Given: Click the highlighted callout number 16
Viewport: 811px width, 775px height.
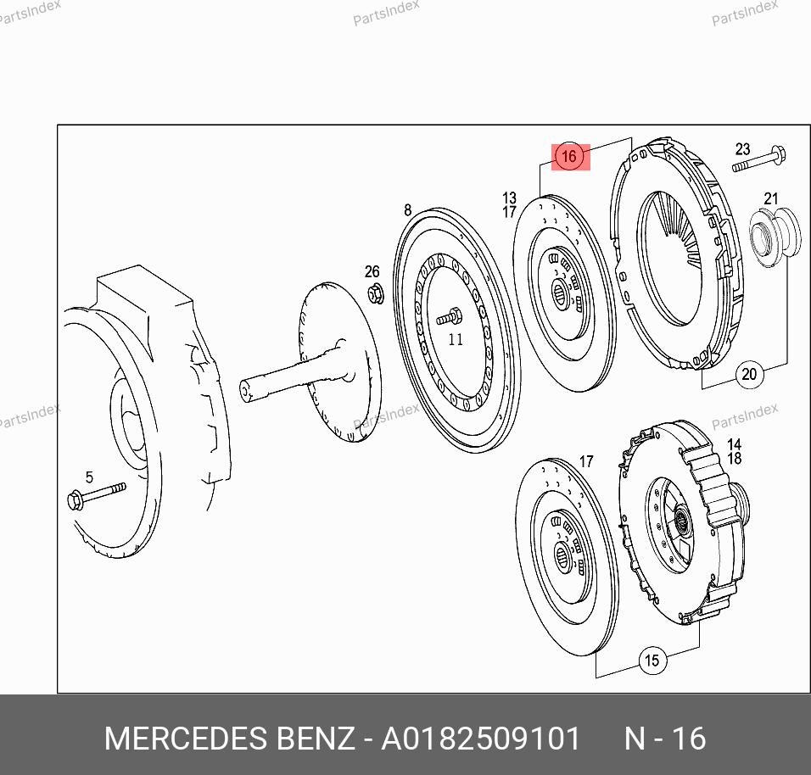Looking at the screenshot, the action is click(569, 156).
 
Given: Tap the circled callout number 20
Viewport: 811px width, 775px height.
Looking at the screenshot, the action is click(749, 374).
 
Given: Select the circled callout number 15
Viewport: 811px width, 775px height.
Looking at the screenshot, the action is click(652, 661).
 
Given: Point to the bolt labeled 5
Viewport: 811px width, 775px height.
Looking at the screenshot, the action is click(96, 495).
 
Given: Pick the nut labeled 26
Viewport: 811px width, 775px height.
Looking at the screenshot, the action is click(376, 294).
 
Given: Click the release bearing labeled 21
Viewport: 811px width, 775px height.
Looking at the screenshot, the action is click(774, 237).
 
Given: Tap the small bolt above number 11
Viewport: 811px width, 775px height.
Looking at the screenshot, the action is click(449, 316).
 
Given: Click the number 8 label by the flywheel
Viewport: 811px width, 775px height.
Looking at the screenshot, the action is click(407, 210).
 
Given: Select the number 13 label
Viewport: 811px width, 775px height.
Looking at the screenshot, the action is click(510, 198).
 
